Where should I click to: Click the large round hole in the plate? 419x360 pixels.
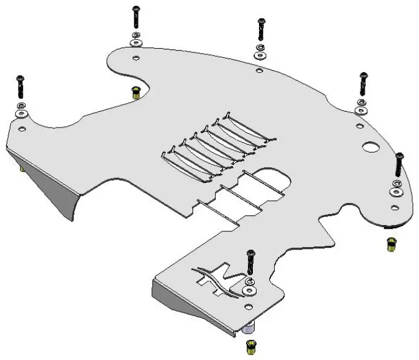(370, 147)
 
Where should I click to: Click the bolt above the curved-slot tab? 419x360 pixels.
(250, 262)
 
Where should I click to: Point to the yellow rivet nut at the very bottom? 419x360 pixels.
(250, 348)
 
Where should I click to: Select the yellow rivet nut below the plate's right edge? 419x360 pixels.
(390, 244)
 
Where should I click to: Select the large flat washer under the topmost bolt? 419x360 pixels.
(136, 43)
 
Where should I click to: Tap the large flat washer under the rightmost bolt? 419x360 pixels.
(397, 192)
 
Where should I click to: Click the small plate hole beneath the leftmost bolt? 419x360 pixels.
(22, 129)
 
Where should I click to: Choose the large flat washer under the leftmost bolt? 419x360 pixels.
(21, 115)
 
